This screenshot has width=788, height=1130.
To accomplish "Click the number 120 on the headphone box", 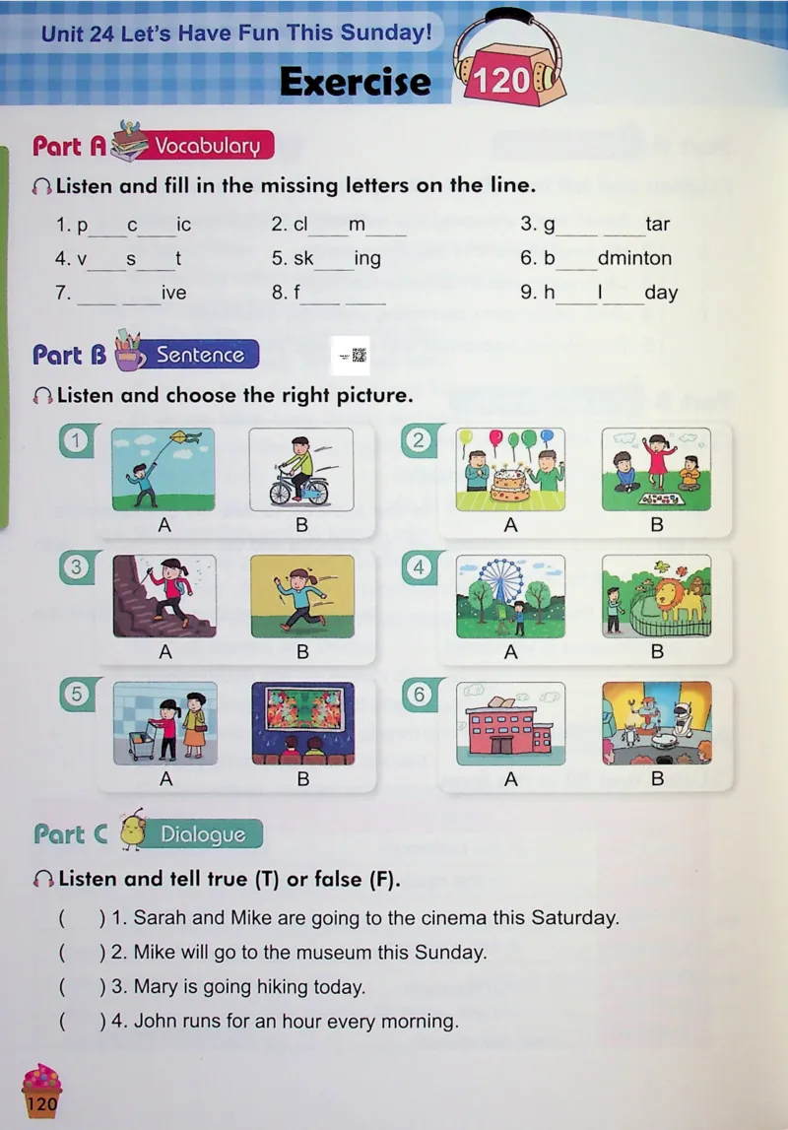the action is tap(501, 79).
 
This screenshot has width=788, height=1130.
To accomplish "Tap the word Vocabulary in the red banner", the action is tap(208, 146).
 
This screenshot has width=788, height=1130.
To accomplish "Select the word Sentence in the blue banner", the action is tap(200, 355).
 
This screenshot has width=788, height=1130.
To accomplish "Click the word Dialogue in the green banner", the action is tap(202, 833).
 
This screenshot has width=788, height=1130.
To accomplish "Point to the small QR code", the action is tap(359, 355).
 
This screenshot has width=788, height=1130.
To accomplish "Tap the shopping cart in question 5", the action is tap(142, 741).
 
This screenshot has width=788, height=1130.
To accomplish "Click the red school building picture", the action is tap(510, 724).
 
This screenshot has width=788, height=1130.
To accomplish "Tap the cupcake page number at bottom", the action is tap(41, 1091).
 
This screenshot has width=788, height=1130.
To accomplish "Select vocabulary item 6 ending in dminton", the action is tap(596, 258).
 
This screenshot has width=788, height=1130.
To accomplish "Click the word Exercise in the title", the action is tap(356, 82).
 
